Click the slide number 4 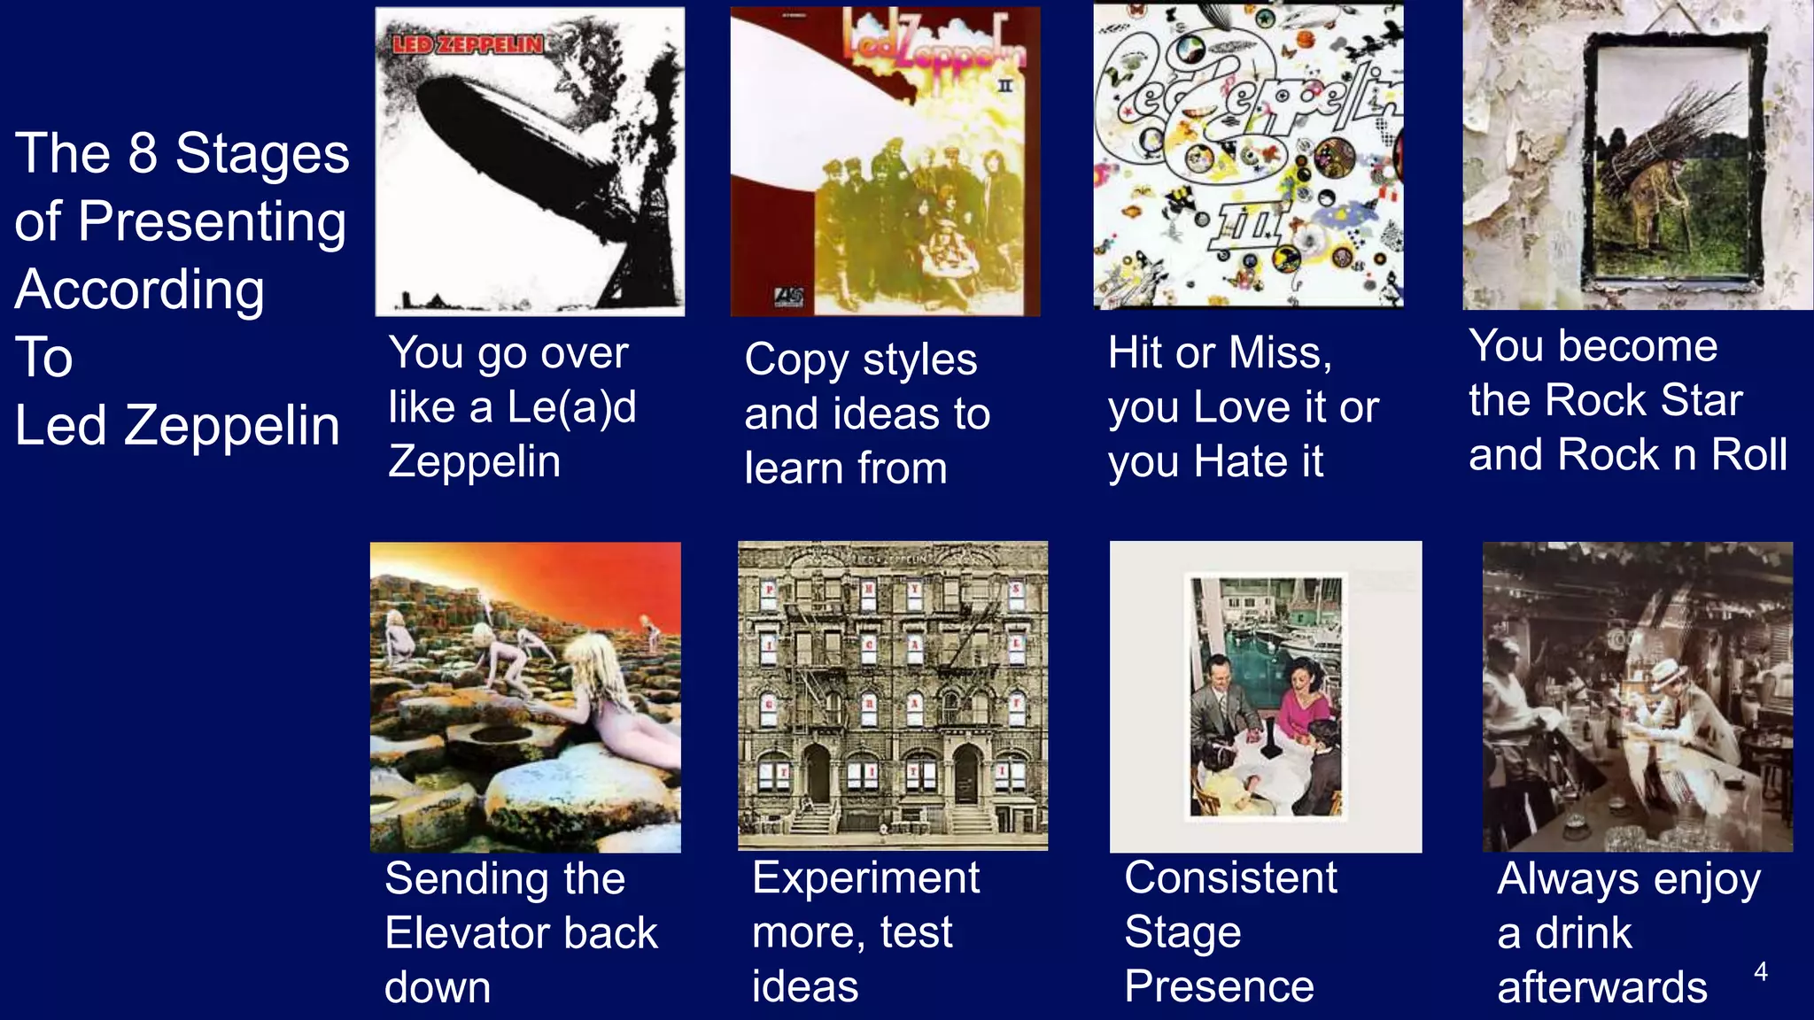pyautogui.click(x=1760, y=972)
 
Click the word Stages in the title pyautogui.click(x=262, y=154)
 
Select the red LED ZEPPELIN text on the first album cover pyautogui.click(x=467, y=44)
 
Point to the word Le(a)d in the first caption pyautogui.click(x=571, y=407)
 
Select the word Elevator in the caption pyautogui.click(x=521, y=933)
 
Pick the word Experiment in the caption pyautogui.click(x=865, y=879)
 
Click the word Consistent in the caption pyautogui.click(x=1230, y=878)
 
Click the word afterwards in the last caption pyautogui.click(x=1601, y=987)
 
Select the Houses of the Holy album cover pyautogui.click(x=525, y=697)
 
